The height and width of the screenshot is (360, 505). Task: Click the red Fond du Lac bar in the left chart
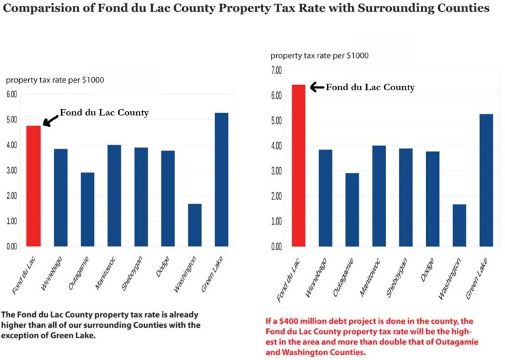(33, 186)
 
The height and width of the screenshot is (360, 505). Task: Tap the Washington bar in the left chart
(195, 225)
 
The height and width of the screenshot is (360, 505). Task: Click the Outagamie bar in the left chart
(87, 209)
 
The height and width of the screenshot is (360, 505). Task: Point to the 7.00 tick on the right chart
(276, 70)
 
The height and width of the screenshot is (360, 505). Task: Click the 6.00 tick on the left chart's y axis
(12, 95)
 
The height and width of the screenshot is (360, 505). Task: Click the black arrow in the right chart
(316, 87)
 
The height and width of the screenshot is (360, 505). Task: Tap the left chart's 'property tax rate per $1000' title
(55, 80)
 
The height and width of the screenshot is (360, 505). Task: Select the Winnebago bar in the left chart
(60, 197)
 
